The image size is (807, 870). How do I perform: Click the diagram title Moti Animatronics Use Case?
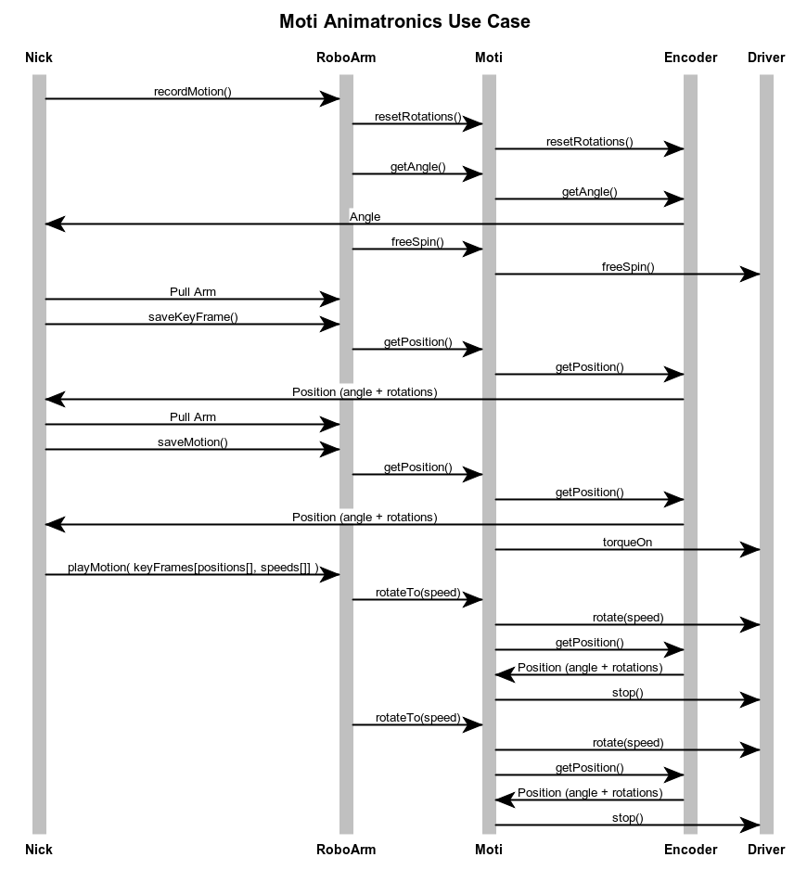(404, 21)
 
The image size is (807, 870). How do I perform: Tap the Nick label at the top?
(39, 58)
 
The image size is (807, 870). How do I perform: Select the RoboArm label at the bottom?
(346, 850)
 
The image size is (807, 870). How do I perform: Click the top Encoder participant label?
(690, 58)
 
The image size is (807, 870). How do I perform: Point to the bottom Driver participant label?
(766, 850)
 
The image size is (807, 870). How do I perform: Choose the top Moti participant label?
(489, 58)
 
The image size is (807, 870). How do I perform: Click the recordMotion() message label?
(193, 92)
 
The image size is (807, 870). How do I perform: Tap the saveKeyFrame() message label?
(193, 317)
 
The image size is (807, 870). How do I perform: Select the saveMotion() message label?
(193, 442)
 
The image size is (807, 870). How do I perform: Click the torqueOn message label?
(627, 542)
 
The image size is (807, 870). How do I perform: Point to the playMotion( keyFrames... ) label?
(193, 567)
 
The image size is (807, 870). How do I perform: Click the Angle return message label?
(365, 216)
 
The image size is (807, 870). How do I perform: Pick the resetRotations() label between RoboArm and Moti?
(418, 117)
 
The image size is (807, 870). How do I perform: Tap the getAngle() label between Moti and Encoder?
(589, 192)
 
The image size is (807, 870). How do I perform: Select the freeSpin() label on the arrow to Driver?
(628, 267)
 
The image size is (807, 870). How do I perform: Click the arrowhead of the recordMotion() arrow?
(329, 98)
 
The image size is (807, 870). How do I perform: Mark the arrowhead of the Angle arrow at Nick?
(55, 224)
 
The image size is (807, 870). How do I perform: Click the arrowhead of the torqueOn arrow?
(749, 549)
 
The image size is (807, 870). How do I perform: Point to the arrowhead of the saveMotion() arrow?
(329, 450)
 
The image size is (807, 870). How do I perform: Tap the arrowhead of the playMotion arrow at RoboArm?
(329, 574)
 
